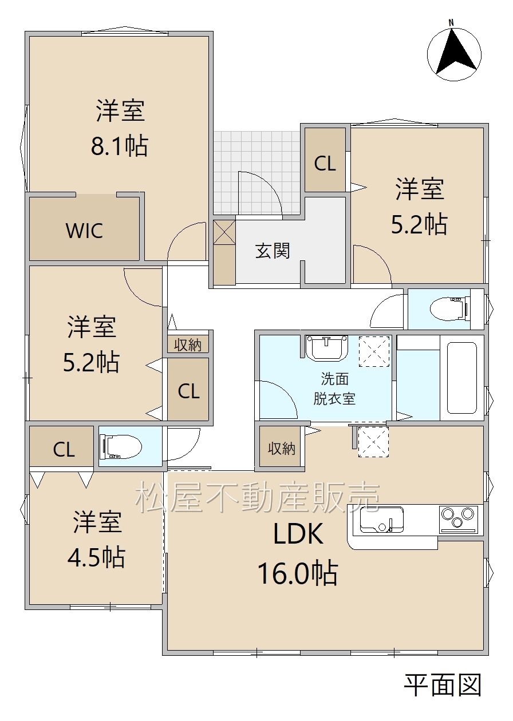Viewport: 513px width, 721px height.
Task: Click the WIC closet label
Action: [x=84, y=231]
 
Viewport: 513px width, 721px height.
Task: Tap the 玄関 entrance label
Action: [x=273, y=251]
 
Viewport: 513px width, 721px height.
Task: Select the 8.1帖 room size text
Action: [x=120, y=146]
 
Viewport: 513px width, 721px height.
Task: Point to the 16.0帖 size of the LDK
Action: [x=298, y=573]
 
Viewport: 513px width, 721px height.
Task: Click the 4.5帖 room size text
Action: [x=96, y=557]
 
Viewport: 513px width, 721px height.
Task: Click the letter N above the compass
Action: [x=451, y=23]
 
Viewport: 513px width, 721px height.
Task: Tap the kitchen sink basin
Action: [x=382, y=519]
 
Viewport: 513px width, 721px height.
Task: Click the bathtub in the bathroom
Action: [x=462, y=378]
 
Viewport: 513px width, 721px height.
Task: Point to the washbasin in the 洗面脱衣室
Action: [x=326, y=347]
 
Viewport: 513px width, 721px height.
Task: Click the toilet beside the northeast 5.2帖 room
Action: [x=449, y=308]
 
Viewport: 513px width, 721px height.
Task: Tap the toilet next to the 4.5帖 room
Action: [x=121, y=446]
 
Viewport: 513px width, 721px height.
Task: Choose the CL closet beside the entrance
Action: [x=325, y=160]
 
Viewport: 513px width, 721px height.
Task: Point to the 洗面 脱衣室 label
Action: [x=334, y=389]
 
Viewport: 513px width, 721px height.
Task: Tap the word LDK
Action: [x=298, y=534]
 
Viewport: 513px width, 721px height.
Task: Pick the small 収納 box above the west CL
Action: [x=188, y=344]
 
